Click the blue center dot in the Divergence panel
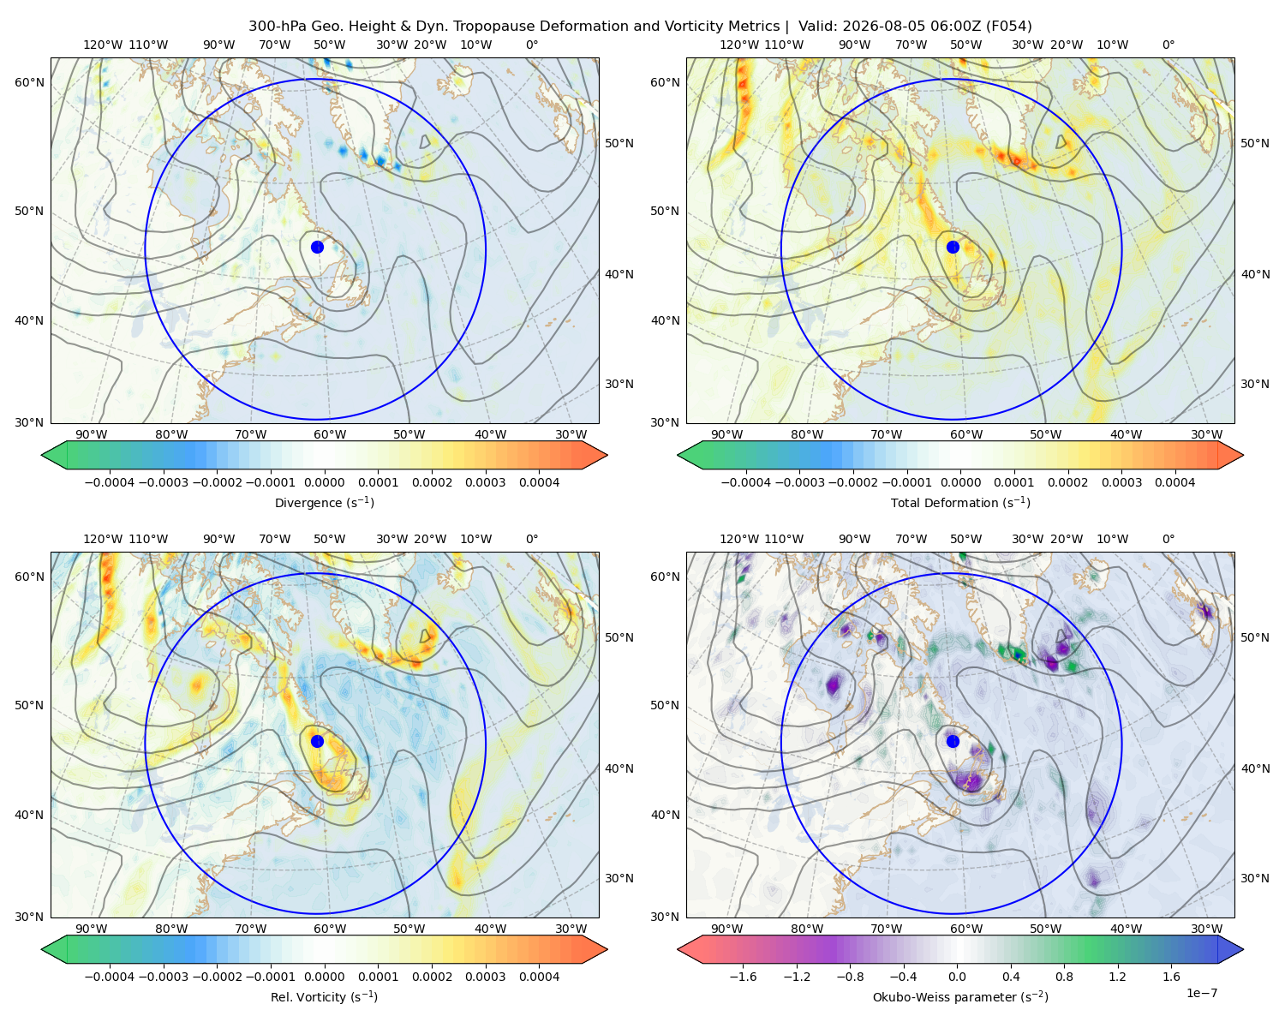tap(317, 247)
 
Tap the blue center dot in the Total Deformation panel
tap(953, 247)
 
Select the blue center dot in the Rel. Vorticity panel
tap(317, 741)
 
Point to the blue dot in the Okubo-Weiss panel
tap(953, 741)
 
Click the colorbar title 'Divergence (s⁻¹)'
tap(324, 503)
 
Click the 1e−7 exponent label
tap(1201, 993)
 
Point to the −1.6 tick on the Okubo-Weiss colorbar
tap(743, 977)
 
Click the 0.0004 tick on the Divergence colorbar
tap(539, 482)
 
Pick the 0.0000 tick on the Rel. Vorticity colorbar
tap(324, 977)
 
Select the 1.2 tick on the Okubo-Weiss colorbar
tap(1117, 977)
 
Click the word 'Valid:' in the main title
tap(817, 27)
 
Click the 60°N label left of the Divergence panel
tap(29, 82)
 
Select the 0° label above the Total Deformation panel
tap(1168, 45)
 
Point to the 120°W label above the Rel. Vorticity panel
tap(103, 539)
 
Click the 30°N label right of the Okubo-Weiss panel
tap(1255, 878)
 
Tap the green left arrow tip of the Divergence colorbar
tap(42, 455)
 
